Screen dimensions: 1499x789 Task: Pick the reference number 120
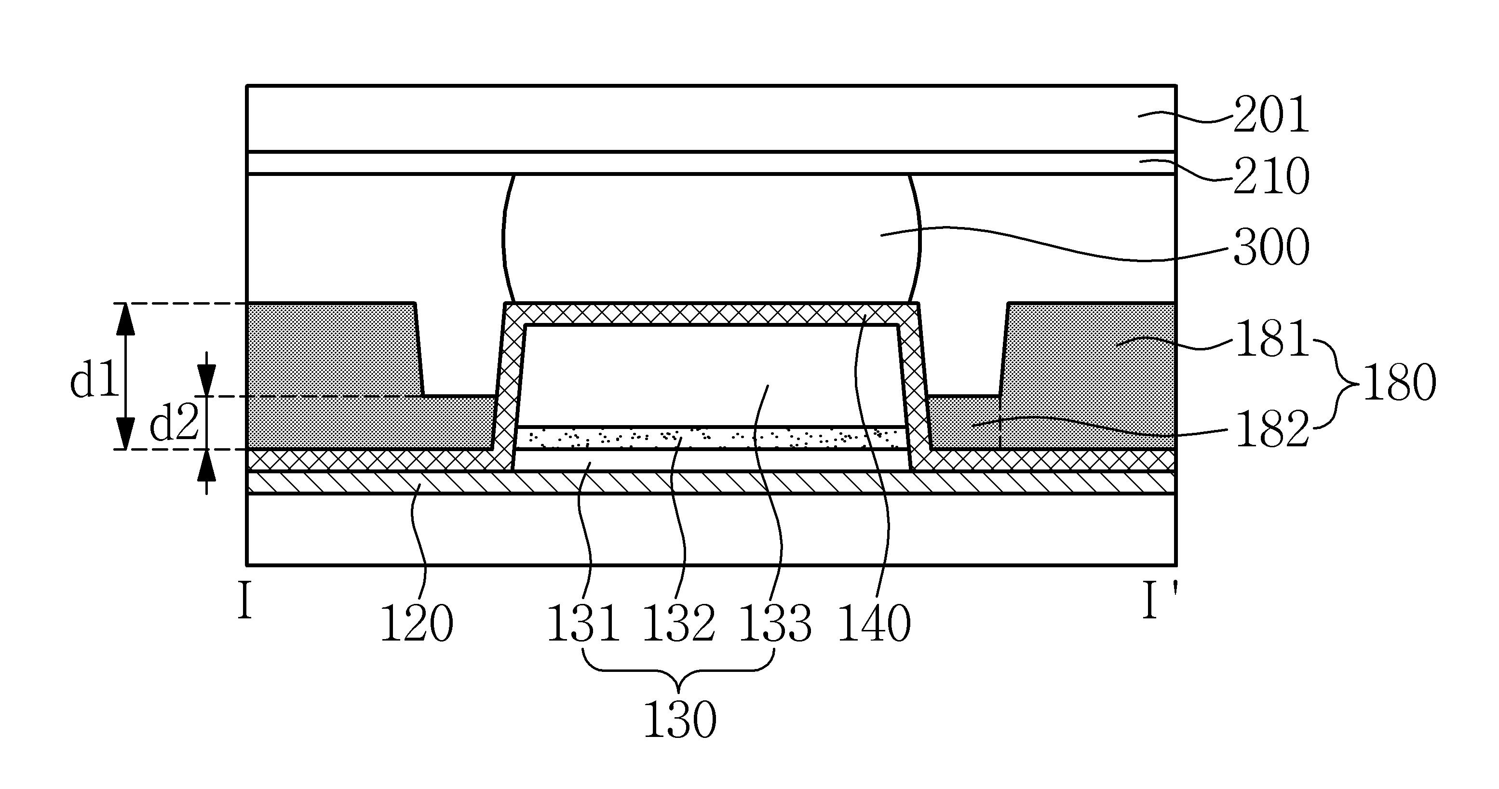[417, 623]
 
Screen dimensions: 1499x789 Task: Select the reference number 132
[678, 623]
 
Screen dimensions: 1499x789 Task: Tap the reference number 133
[775, 623]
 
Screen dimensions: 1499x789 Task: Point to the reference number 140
[874, 623]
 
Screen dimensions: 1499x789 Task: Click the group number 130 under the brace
[680, 719]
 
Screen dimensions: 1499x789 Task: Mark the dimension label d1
[94, 381]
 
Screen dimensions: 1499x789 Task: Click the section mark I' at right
[1159, 602]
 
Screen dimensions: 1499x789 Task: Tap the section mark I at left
[245, 602]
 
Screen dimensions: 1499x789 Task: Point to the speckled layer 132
[711, 438]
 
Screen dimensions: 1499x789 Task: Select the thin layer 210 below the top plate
[711, 163]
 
